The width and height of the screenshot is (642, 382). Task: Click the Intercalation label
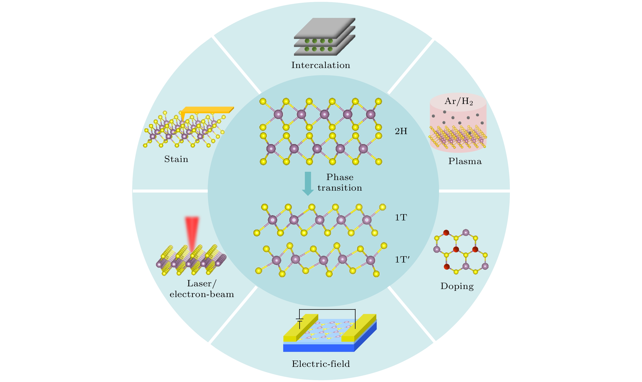click(x=320, y=65)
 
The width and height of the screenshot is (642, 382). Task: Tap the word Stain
click(x=176, y=159)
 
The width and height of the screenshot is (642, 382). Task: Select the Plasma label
click(x=465, y=161)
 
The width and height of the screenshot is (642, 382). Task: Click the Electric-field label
click(x=321, y=364)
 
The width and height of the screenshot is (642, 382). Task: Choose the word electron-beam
click(x=202, y=294)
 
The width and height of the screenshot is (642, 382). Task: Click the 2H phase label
click(x=401, y=131)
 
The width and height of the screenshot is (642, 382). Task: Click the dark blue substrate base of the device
click(x=319, y=348)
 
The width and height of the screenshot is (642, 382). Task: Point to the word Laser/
click(x=202, y=283)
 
